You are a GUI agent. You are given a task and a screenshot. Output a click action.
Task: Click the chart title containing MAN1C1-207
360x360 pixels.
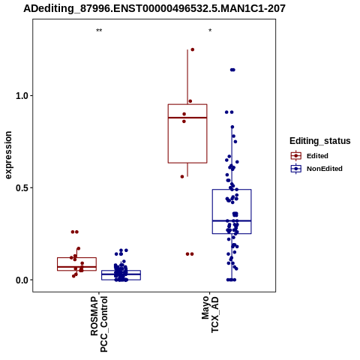tap(154, 9)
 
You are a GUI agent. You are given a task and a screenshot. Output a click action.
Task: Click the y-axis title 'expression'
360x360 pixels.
tap(8, 155)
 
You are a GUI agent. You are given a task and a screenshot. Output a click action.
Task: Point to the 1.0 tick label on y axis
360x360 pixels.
tap(21, 96)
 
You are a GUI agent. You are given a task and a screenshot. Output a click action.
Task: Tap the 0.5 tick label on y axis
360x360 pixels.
tap(21, 188)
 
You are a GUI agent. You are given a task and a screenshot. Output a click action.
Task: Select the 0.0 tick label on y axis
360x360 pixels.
tap(21, 280)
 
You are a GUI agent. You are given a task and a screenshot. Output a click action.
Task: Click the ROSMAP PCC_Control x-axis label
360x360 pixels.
tap(99, 324)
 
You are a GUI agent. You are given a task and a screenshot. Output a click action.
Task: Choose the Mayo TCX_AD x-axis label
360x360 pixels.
tap(210, 314)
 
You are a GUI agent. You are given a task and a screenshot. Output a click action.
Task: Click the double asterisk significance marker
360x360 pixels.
tap(99, 31)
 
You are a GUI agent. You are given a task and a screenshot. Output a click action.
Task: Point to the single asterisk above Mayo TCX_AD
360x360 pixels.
tap(210, 31)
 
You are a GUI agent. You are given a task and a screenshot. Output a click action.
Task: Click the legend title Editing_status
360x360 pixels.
tap(320, 141)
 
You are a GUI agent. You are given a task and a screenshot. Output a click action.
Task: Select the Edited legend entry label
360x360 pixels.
tap(317, 156)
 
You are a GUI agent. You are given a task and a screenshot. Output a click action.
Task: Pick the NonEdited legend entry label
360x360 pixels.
tap(325, 169)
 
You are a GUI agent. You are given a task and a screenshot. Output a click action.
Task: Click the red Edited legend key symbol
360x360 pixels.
tap(296, 156)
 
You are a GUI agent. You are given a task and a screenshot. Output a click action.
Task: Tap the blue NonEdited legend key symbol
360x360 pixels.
tap(296, 169)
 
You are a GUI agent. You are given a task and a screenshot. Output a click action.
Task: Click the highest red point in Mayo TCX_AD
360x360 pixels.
tap(192, 49)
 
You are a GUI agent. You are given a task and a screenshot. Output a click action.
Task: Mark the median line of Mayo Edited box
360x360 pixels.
tap(187, 118)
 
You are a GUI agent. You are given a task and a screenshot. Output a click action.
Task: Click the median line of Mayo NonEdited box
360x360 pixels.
tap(232, 220)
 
